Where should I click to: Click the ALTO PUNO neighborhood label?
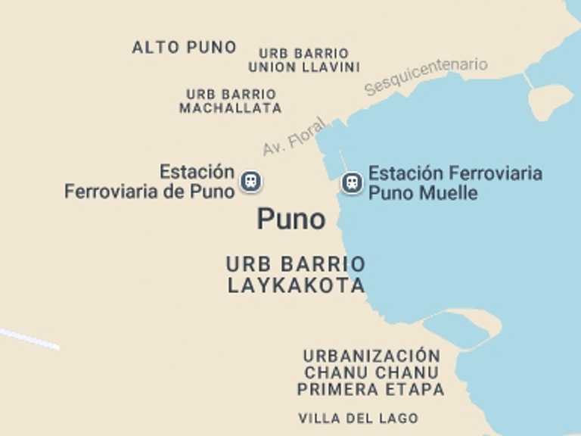click(x=184, y=47)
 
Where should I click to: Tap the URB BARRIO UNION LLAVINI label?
click(x=304, y=60)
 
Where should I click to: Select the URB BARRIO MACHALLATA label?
click(x=231, y=101)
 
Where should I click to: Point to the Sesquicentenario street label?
click(x=426, y=76)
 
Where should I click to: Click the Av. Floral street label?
click(x=294, y=136)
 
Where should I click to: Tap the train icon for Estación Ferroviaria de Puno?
click(x=251, y=182)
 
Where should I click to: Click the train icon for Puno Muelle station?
click(x=351, y=182)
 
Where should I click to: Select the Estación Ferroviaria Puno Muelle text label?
click(x=455, y=183)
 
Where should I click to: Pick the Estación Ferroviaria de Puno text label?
click(x=150, y=182)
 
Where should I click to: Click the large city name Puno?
click(x=291, y=220)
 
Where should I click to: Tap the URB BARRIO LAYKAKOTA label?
click(x=296, y=275)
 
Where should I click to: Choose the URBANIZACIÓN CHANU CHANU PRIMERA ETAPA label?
click(x=371, y=372)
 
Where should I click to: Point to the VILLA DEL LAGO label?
click(x=358, y=418)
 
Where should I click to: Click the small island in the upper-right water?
click(x=550, y=99)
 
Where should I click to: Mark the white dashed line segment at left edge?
click(x=29, y=338)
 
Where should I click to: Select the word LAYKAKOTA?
click(x=296, y=285)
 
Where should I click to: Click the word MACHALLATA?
click(x=231, y=108)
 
